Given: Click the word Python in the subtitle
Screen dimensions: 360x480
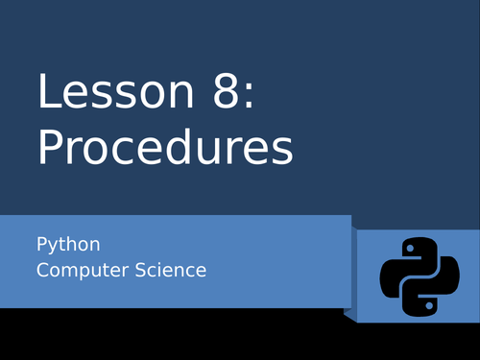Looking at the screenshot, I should click(68, 245).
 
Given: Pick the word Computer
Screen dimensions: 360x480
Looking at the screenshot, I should click(76, 270).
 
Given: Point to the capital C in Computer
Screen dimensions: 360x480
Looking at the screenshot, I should click(42, 270).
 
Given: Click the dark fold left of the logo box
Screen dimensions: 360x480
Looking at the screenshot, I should click(351, 274).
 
